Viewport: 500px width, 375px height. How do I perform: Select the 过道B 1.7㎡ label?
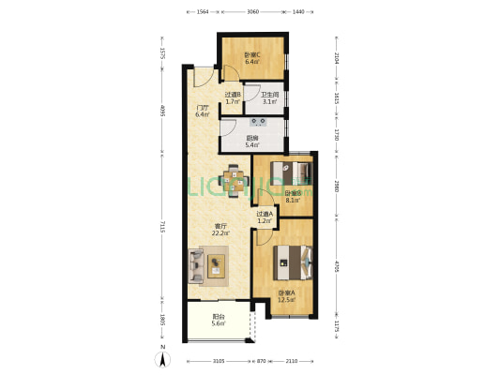234,97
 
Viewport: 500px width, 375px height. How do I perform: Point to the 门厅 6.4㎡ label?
202,112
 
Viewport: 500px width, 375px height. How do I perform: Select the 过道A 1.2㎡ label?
265,217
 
